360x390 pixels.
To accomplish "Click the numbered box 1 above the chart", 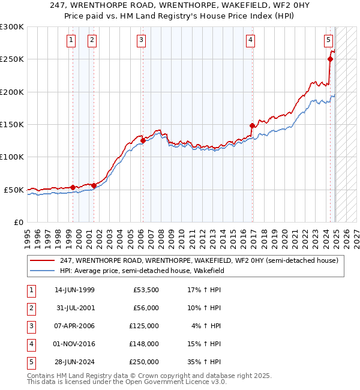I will coord(71,40).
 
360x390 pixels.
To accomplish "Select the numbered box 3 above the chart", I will coord(141,40).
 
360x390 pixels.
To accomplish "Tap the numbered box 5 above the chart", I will coord(329,40).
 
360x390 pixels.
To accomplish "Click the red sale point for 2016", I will coord(252,125).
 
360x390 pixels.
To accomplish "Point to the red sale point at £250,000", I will coord(330,59).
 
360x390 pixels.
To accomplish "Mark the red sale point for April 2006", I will coord(143,140).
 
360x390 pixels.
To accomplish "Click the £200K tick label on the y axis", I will coord(12,92).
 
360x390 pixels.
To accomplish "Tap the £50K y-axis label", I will coord(14,190).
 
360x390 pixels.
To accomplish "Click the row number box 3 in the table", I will coord(30,326).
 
